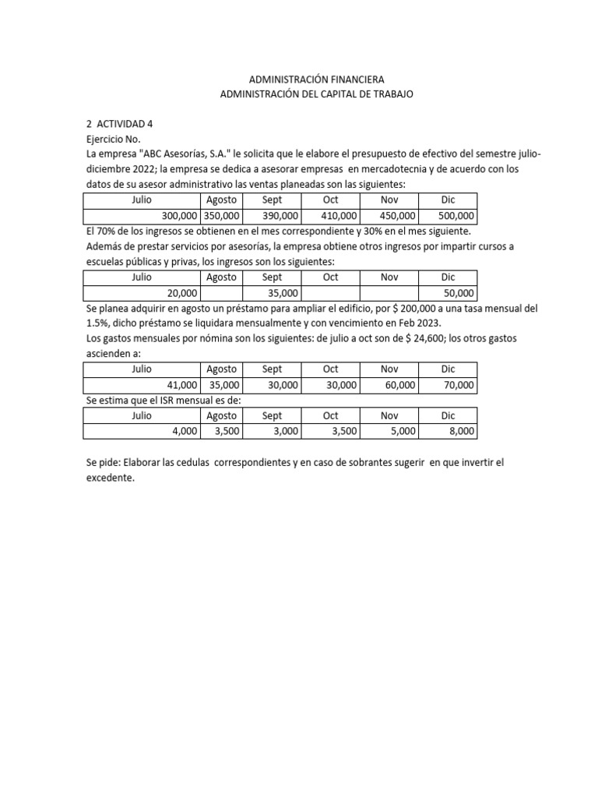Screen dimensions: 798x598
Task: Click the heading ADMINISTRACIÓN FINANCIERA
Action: point(316,79)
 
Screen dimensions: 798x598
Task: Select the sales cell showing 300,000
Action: point(179,216)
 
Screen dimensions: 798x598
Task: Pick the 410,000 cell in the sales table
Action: point(339,216)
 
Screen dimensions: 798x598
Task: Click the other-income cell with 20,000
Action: point(181,293)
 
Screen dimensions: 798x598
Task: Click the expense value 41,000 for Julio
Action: point(181,385)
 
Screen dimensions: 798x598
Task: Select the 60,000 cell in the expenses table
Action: point(401,385)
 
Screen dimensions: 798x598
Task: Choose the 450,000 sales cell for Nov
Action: point(398,216)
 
